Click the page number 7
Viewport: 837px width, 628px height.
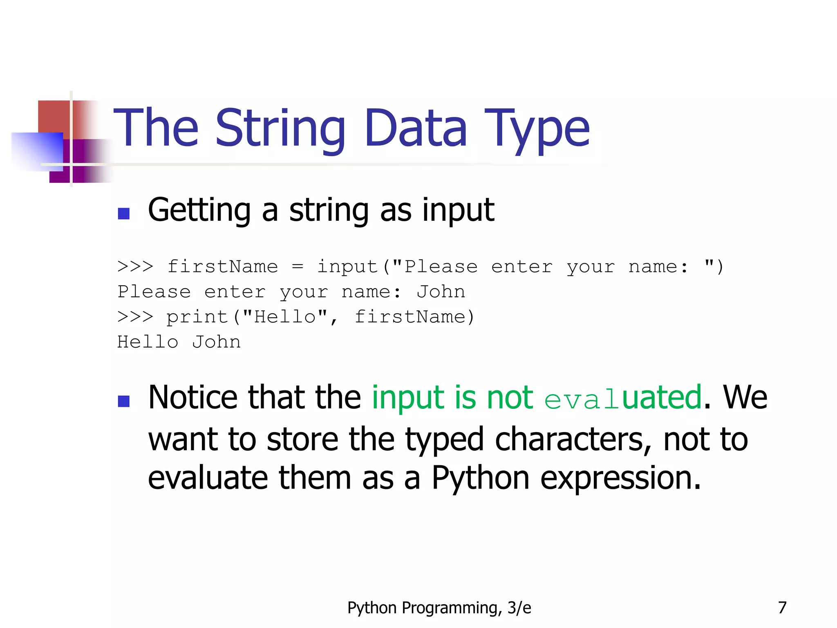(782, 608)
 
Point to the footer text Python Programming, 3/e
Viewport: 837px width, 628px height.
(439, 608)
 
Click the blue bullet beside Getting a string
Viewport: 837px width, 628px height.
(123, 213)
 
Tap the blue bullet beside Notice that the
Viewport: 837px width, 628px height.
(123, 401)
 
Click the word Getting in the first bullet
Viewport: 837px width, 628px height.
(199, 210)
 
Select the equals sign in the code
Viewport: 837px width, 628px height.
(298, 267)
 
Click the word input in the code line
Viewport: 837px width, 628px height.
(348, 267)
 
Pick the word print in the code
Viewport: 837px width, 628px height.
(197, 317)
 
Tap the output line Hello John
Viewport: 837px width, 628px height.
(179, 342)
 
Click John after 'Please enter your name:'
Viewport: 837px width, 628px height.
(441, 292)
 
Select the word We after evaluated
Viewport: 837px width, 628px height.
(745, 397)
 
